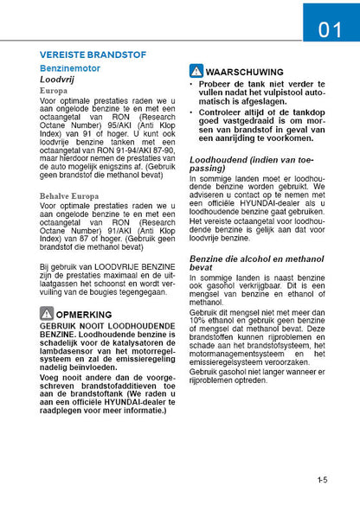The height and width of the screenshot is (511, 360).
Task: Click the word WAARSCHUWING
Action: (x=246, y=72)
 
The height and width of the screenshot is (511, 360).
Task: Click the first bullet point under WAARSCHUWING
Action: (x=192, y=85)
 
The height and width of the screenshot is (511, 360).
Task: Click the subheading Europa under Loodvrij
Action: (x=54, y=91)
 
